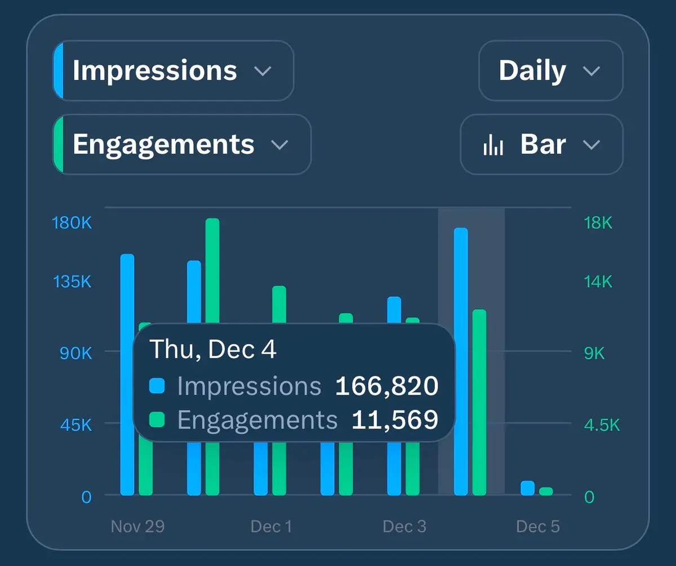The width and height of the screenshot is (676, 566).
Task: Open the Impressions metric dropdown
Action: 174,71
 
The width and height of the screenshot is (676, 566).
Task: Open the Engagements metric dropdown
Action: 181,145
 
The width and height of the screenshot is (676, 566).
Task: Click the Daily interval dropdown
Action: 550,71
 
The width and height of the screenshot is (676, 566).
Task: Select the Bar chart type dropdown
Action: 541,145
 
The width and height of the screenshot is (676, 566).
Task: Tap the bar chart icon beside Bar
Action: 493,145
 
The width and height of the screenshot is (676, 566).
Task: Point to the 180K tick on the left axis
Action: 72,223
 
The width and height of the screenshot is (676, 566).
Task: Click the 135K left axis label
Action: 72,281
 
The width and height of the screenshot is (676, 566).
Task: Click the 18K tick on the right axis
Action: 598,223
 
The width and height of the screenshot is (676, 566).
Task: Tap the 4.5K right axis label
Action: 602,425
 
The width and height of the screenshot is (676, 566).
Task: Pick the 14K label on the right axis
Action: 598,281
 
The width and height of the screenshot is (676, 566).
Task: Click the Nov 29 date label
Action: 137,527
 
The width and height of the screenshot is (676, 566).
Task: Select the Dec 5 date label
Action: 538,527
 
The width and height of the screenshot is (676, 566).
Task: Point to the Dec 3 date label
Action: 404,527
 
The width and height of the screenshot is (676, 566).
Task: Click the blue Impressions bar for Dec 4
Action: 461,360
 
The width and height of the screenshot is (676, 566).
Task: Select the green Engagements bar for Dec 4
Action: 479,402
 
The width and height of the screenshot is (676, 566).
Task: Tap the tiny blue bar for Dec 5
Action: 527,488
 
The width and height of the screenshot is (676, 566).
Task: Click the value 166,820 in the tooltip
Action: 386,386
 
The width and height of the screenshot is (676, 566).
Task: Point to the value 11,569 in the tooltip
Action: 394,420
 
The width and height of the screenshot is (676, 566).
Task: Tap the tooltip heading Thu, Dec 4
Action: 213,350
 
